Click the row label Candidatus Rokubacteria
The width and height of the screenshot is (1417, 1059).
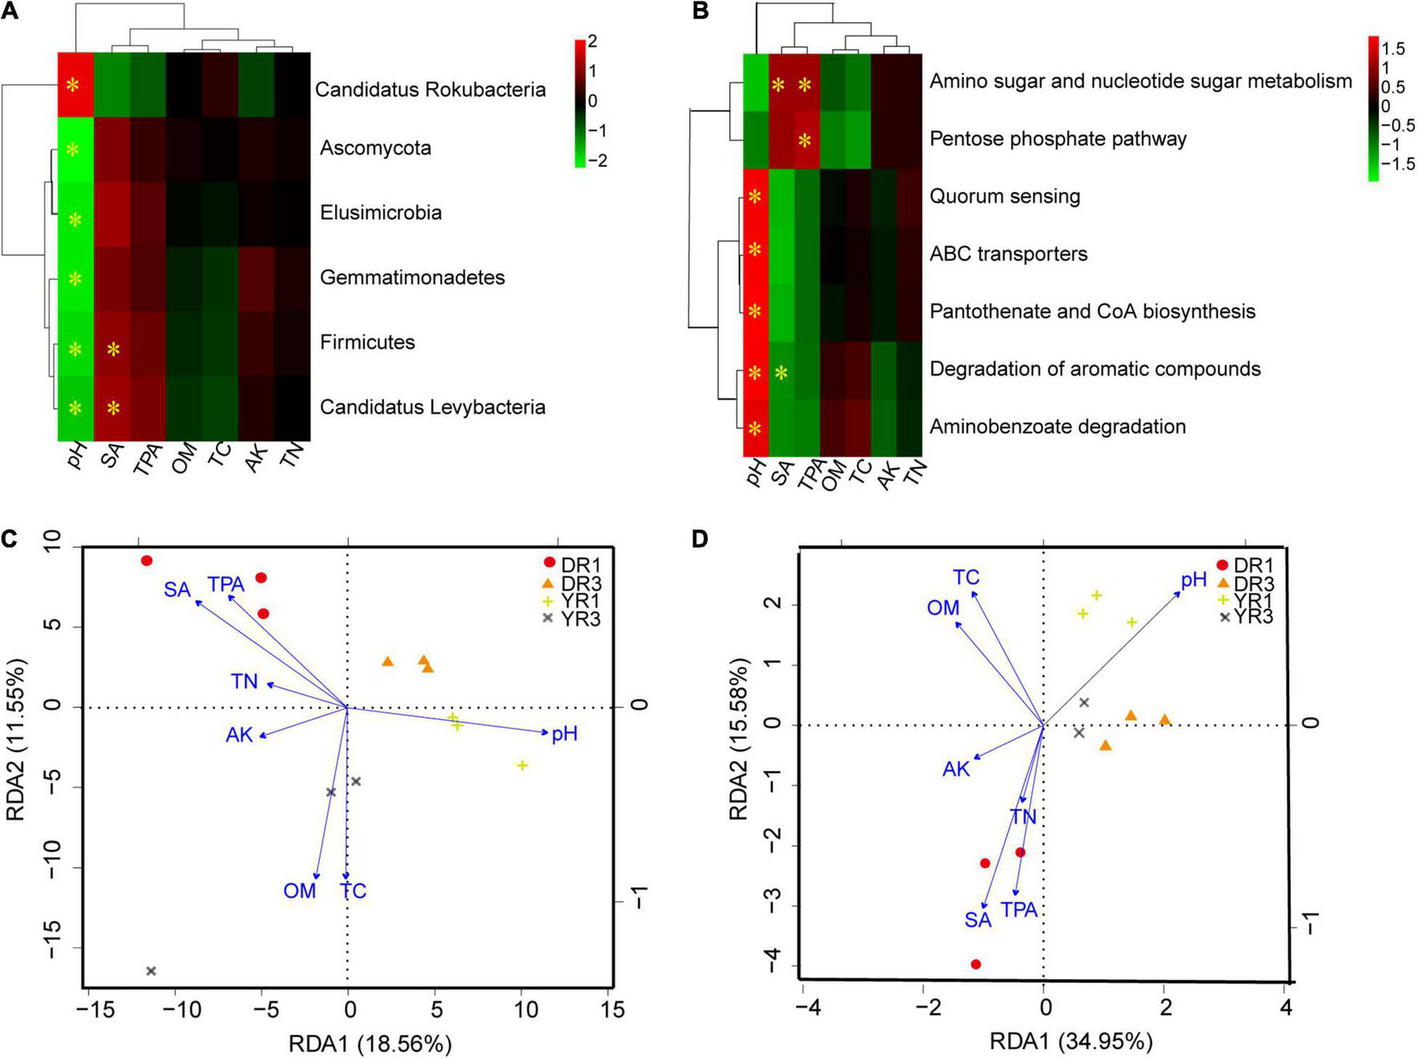pos(429,90)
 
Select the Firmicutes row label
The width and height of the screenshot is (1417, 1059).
pos(367,342)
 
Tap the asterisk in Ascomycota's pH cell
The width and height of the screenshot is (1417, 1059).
pos(74,149)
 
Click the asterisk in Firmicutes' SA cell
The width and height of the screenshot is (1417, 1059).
pos(114,349)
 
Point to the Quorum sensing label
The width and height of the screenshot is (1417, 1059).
pos(1004,196)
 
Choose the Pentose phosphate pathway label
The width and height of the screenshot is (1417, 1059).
pos(1057,138)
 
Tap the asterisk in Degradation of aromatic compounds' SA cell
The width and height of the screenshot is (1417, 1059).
pos(781,372)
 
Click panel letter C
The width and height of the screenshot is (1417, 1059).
pos(9,539)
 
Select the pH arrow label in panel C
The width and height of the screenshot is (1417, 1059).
pos(565,733)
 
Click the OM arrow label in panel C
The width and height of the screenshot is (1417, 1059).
pos(300,890)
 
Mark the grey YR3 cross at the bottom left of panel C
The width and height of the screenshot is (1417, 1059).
pos(151,970)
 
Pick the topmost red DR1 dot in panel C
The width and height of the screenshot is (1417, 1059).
pos(146,560)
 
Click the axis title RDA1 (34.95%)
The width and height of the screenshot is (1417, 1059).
pos(1071,1041)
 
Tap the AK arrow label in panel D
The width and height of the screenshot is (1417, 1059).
pos(956,769)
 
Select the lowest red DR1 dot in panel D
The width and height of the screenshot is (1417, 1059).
pos(976,964)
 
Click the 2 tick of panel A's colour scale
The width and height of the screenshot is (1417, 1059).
pos(593,42)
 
